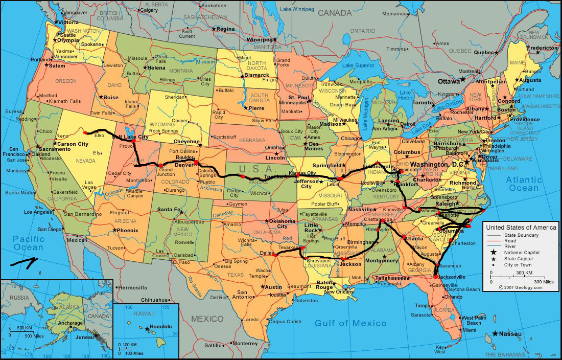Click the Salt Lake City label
[x=131, y=137]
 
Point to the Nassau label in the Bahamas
[x=510, y=334]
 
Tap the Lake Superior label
[x=358, y=65]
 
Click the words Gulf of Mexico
[x=350, y=323]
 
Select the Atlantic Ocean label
[x=524, y=184]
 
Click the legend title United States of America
[x=521, y=227]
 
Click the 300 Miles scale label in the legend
[x=544, y=282]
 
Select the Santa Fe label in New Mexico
[x=169, y=210]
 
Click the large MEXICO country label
[x=207, y=319]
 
